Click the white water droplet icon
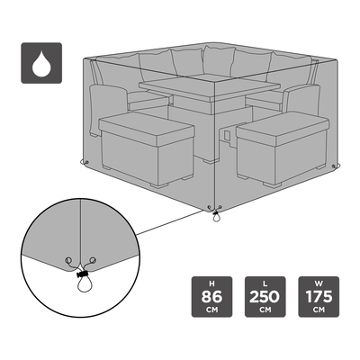coord(41,65)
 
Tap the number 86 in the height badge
coord(211,297)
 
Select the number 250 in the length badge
coord(265,297)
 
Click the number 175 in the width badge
coord(319,297)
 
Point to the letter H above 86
coord(211,283)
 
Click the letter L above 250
coord(265,283)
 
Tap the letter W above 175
coord(319,283)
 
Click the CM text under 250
coord(265,310)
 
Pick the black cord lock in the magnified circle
coord(81,274)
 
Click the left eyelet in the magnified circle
coord(69,259)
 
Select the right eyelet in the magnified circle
coord(94,259)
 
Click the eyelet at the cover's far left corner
coord(87,162)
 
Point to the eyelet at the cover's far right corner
coord(334,166)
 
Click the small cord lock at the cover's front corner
coord(215,213)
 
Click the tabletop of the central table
coord(210,88)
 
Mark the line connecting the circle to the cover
coord(170,222)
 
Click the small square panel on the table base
coord(228,136)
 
